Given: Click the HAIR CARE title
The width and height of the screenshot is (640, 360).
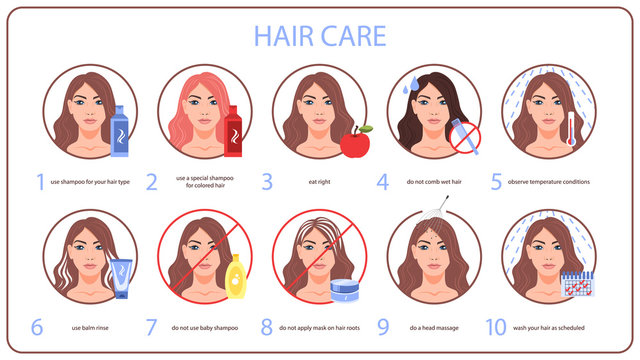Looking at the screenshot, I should tap(319, 36).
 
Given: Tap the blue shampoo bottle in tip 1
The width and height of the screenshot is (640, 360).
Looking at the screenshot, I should tap(119, 132).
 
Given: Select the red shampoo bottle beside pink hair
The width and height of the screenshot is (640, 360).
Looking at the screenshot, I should tap(234, 132).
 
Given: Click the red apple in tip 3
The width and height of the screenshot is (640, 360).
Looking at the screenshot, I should tap(354, 143).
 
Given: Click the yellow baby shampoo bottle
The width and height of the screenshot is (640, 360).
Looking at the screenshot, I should tap(237, 275).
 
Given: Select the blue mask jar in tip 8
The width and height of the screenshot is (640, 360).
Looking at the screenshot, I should tap(345, 289).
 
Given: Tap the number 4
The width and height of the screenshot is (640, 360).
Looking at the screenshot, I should tap(382, 183).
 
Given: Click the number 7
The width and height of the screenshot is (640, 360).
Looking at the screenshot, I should tap(153, 326).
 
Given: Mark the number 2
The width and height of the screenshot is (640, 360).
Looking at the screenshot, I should tap(152, 183).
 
